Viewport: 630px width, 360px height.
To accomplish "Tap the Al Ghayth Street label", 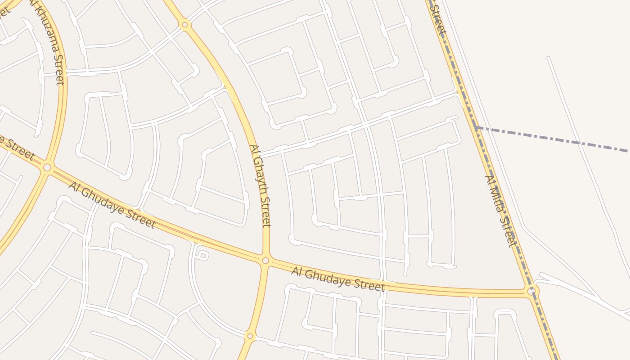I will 261,185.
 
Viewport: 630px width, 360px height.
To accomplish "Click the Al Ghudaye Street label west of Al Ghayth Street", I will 112,205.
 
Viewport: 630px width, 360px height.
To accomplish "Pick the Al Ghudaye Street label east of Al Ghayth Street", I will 338,279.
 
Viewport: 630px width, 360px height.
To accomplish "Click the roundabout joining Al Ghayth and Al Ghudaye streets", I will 265,261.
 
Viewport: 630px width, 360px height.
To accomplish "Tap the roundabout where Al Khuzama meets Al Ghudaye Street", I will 47,167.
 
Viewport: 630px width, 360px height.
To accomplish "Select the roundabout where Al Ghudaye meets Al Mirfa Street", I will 532,291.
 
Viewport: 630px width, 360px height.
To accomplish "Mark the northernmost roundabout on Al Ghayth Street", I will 184,25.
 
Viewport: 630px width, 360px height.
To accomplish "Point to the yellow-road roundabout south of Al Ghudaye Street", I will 250,336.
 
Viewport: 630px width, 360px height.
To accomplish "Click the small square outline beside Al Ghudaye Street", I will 203,256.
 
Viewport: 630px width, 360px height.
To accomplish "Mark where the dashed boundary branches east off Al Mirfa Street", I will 475,128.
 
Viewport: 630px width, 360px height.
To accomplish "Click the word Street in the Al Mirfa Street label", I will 507,232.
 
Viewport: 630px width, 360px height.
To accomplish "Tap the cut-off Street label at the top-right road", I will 437,20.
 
